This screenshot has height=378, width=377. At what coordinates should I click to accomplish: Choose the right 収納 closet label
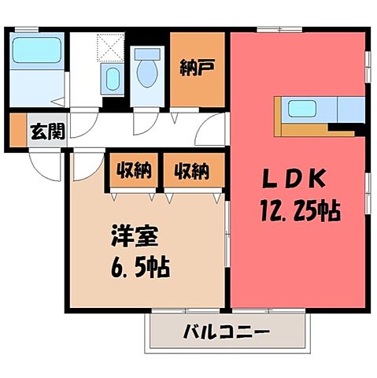coord(192,169)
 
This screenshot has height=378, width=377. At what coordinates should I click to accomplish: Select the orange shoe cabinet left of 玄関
coord(16,132)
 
